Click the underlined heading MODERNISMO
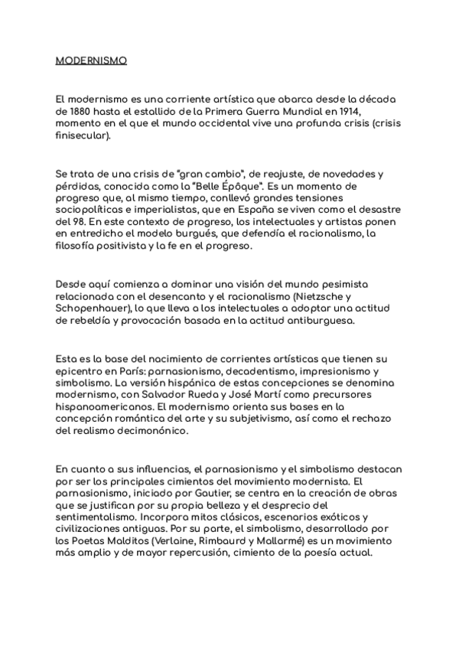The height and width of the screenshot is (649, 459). pyautogui.click(x=91, y=60)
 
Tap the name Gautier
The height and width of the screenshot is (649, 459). pyautogui.click(x=202, y=493)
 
